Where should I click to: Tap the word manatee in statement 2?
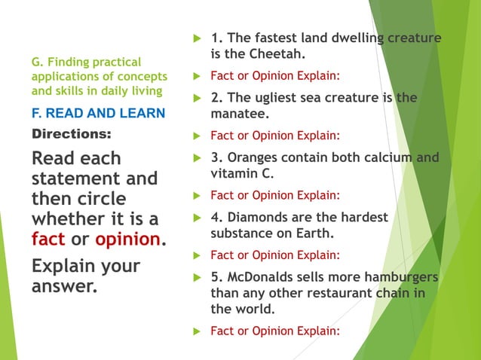tap(238, 114)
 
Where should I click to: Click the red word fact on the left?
tap(48, 239)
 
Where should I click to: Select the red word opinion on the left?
tap(128, 239)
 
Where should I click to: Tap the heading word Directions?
tap(71, 135)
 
